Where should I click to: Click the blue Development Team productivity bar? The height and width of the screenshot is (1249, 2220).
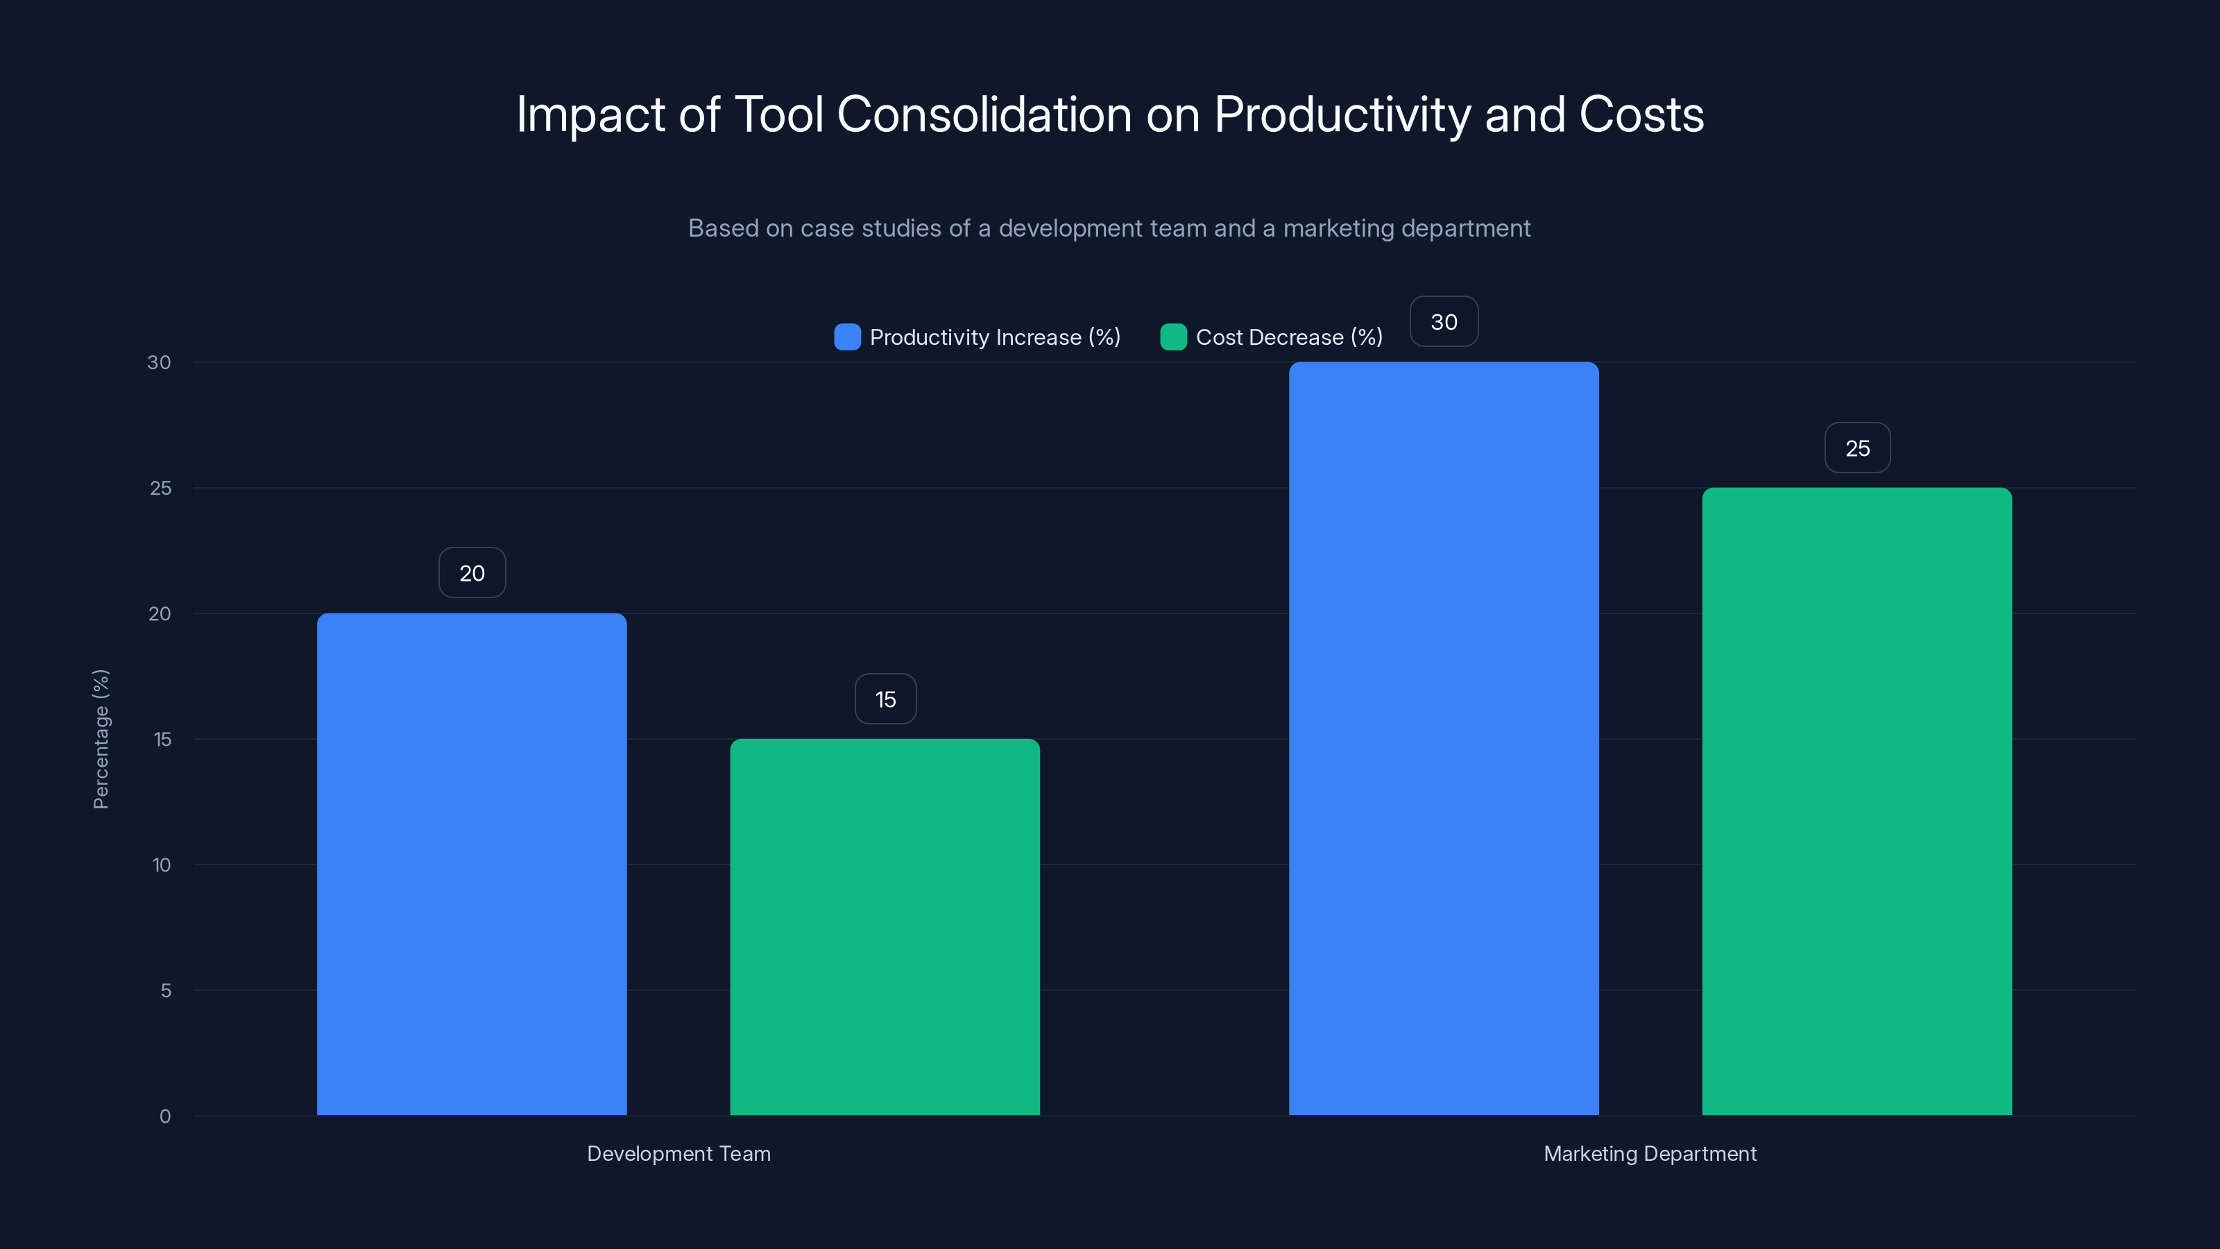[472, 864]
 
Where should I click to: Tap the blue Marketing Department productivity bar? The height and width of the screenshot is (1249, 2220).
[1444, 739]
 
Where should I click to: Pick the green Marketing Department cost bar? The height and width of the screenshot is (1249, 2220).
[1856, 801]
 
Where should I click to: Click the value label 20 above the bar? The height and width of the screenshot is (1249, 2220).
[472, 573]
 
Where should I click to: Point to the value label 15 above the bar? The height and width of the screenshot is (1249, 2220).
[885, 699]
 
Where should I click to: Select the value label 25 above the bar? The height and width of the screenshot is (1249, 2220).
[1857, 448]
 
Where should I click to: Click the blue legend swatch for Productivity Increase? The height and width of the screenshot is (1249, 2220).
[847, 337]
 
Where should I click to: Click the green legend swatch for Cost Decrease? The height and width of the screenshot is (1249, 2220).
[1173, 337]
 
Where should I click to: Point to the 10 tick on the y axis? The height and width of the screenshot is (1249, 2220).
[161, 865]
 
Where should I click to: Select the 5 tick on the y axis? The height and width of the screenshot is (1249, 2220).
[166, 990]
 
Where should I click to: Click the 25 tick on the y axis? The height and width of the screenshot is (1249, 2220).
[160, 488]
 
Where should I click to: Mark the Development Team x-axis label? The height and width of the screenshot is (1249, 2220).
[678, 1153]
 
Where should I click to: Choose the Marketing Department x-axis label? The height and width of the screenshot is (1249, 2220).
[1650, 1153]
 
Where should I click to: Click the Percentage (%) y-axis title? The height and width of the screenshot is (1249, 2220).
[101, 739]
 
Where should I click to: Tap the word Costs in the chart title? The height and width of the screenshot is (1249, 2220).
[1641, 114]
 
